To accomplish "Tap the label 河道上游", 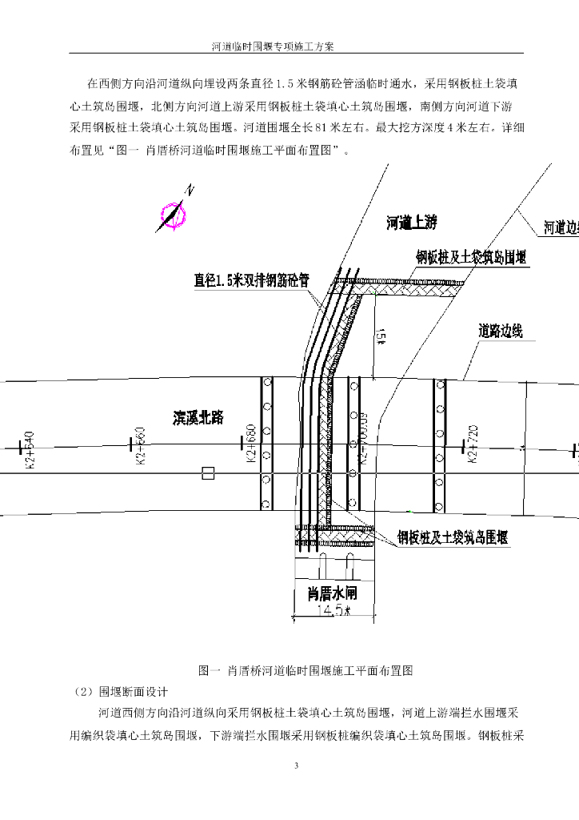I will [412, 223].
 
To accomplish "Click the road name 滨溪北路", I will [198, 417].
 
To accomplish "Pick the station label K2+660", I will [141, 447].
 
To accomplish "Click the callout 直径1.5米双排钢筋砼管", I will [251, 280].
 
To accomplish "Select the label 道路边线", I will [501, 331].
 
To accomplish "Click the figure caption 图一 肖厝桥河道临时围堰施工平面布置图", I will [305, 670].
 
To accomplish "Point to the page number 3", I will [296, 766].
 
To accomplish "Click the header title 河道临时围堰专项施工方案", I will [273, 46].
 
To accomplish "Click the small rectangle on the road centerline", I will [208, 473].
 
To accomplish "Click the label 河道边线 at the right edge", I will [561, 227].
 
